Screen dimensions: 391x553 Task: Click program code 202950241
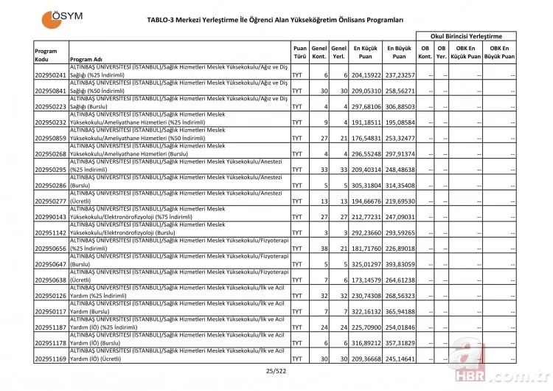tap(51, 75)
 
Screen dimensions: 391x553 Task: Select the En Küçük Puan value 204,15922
tap(366, 75)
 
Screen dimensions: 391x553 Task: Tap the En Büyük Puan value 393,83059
tap(399, 263)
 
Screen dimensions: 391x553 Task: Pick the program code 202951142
tap(51, 232)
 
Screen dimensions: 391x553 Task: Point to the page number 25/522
tap(275, 373)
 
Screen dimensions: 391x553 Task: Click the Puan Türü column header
tap(300, 51)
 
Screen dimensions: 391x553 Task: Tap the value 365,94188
tap(399, 311)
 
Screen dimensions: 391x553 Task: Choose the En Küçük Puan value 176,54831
tap(366, 138)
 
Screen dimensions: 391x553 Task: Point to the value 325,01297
tap(366, 263)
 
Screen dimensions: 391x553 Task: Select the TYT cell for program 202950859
tap(297, 138)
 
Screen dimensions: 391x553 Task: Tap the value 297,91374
tap(399, 153)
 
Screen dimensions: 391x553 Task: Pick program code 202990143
tap(51, 216)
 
